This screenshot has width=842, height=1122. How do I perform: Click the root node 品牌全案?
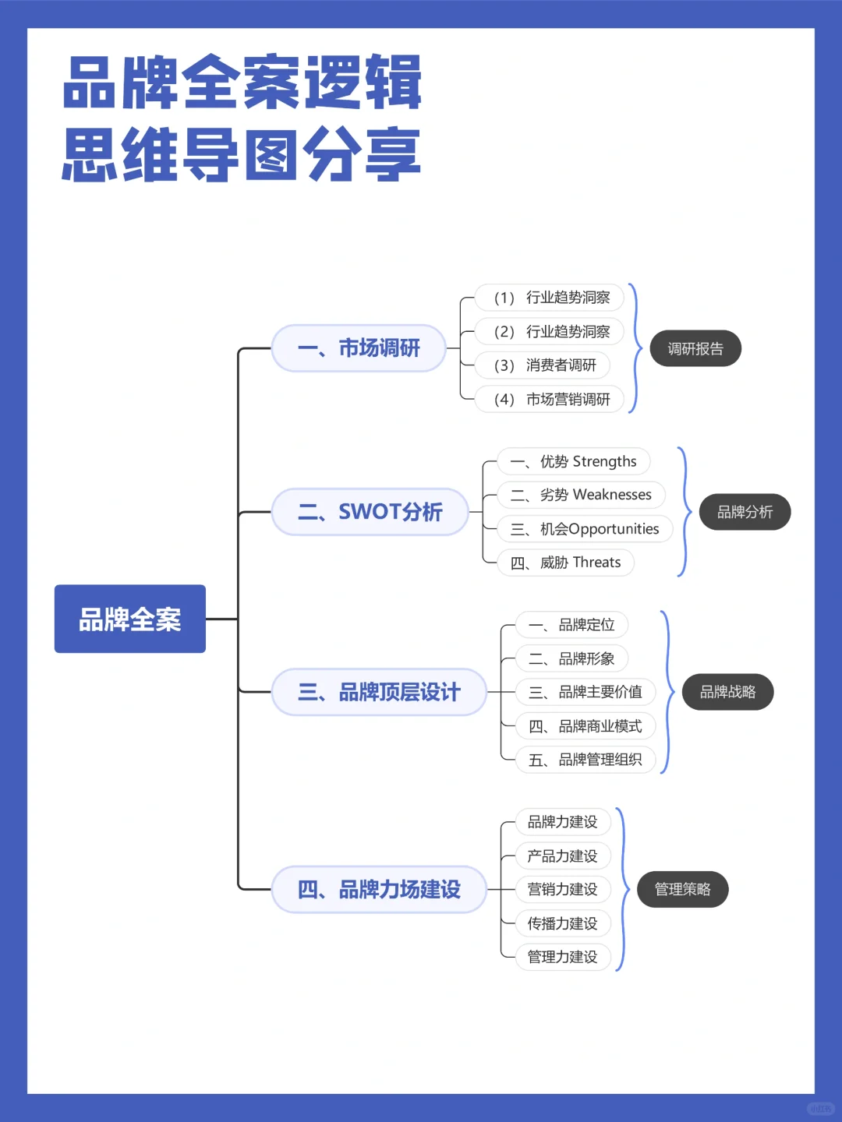pos(129,619)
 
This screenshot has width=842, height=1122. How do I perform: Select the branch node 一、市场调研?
pos(359,348)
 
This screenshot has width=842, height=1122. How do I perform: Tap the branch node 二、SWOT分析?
pos(370,512)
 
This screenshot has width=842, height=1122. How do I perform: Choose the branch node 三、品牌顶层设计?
pos(379,692)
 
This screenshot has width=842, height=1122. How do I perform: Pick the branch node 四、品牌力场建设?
pos(379,889)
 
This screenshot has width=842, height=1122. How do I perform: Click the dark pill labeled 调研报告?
pos(695,348)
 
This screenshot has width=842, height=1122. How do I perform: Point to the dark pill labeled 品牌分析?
pos(745,512)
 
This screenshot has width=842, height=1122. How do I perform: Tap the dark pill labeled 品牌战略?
pos(727,692)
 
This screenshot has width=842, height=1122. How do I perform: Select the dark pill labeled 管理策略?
pos(682,889)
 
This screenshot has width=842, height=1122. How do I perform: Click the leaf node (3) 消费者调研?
pos(544,365)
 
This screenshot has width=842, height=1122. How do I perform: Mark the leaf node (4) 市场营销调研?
pos(550,400)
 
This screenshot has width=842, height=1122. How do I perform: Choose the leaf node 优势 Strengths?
pos(573,461)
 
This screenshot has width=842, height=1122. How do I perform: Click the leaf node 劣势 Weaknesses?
pos(581,495)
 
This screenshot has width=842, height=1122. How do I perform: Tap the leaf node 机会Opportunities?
pos(585,529)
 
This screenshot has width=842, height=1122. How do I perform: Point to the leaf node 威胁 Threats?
pos(565,563)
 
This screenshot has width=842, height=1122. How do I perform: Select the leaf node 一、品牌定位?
pos(571,625)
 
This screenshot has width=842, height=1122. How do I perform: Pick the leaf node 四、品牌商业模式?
pos(586,726)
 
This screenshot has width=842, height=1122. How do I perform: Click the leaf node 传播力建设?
pos(562,923)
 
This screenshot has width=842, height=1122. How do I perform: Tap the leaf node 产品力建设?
pos(562,856)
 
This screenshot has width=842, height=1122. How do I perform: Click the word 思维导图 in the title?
pos(181,155)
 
